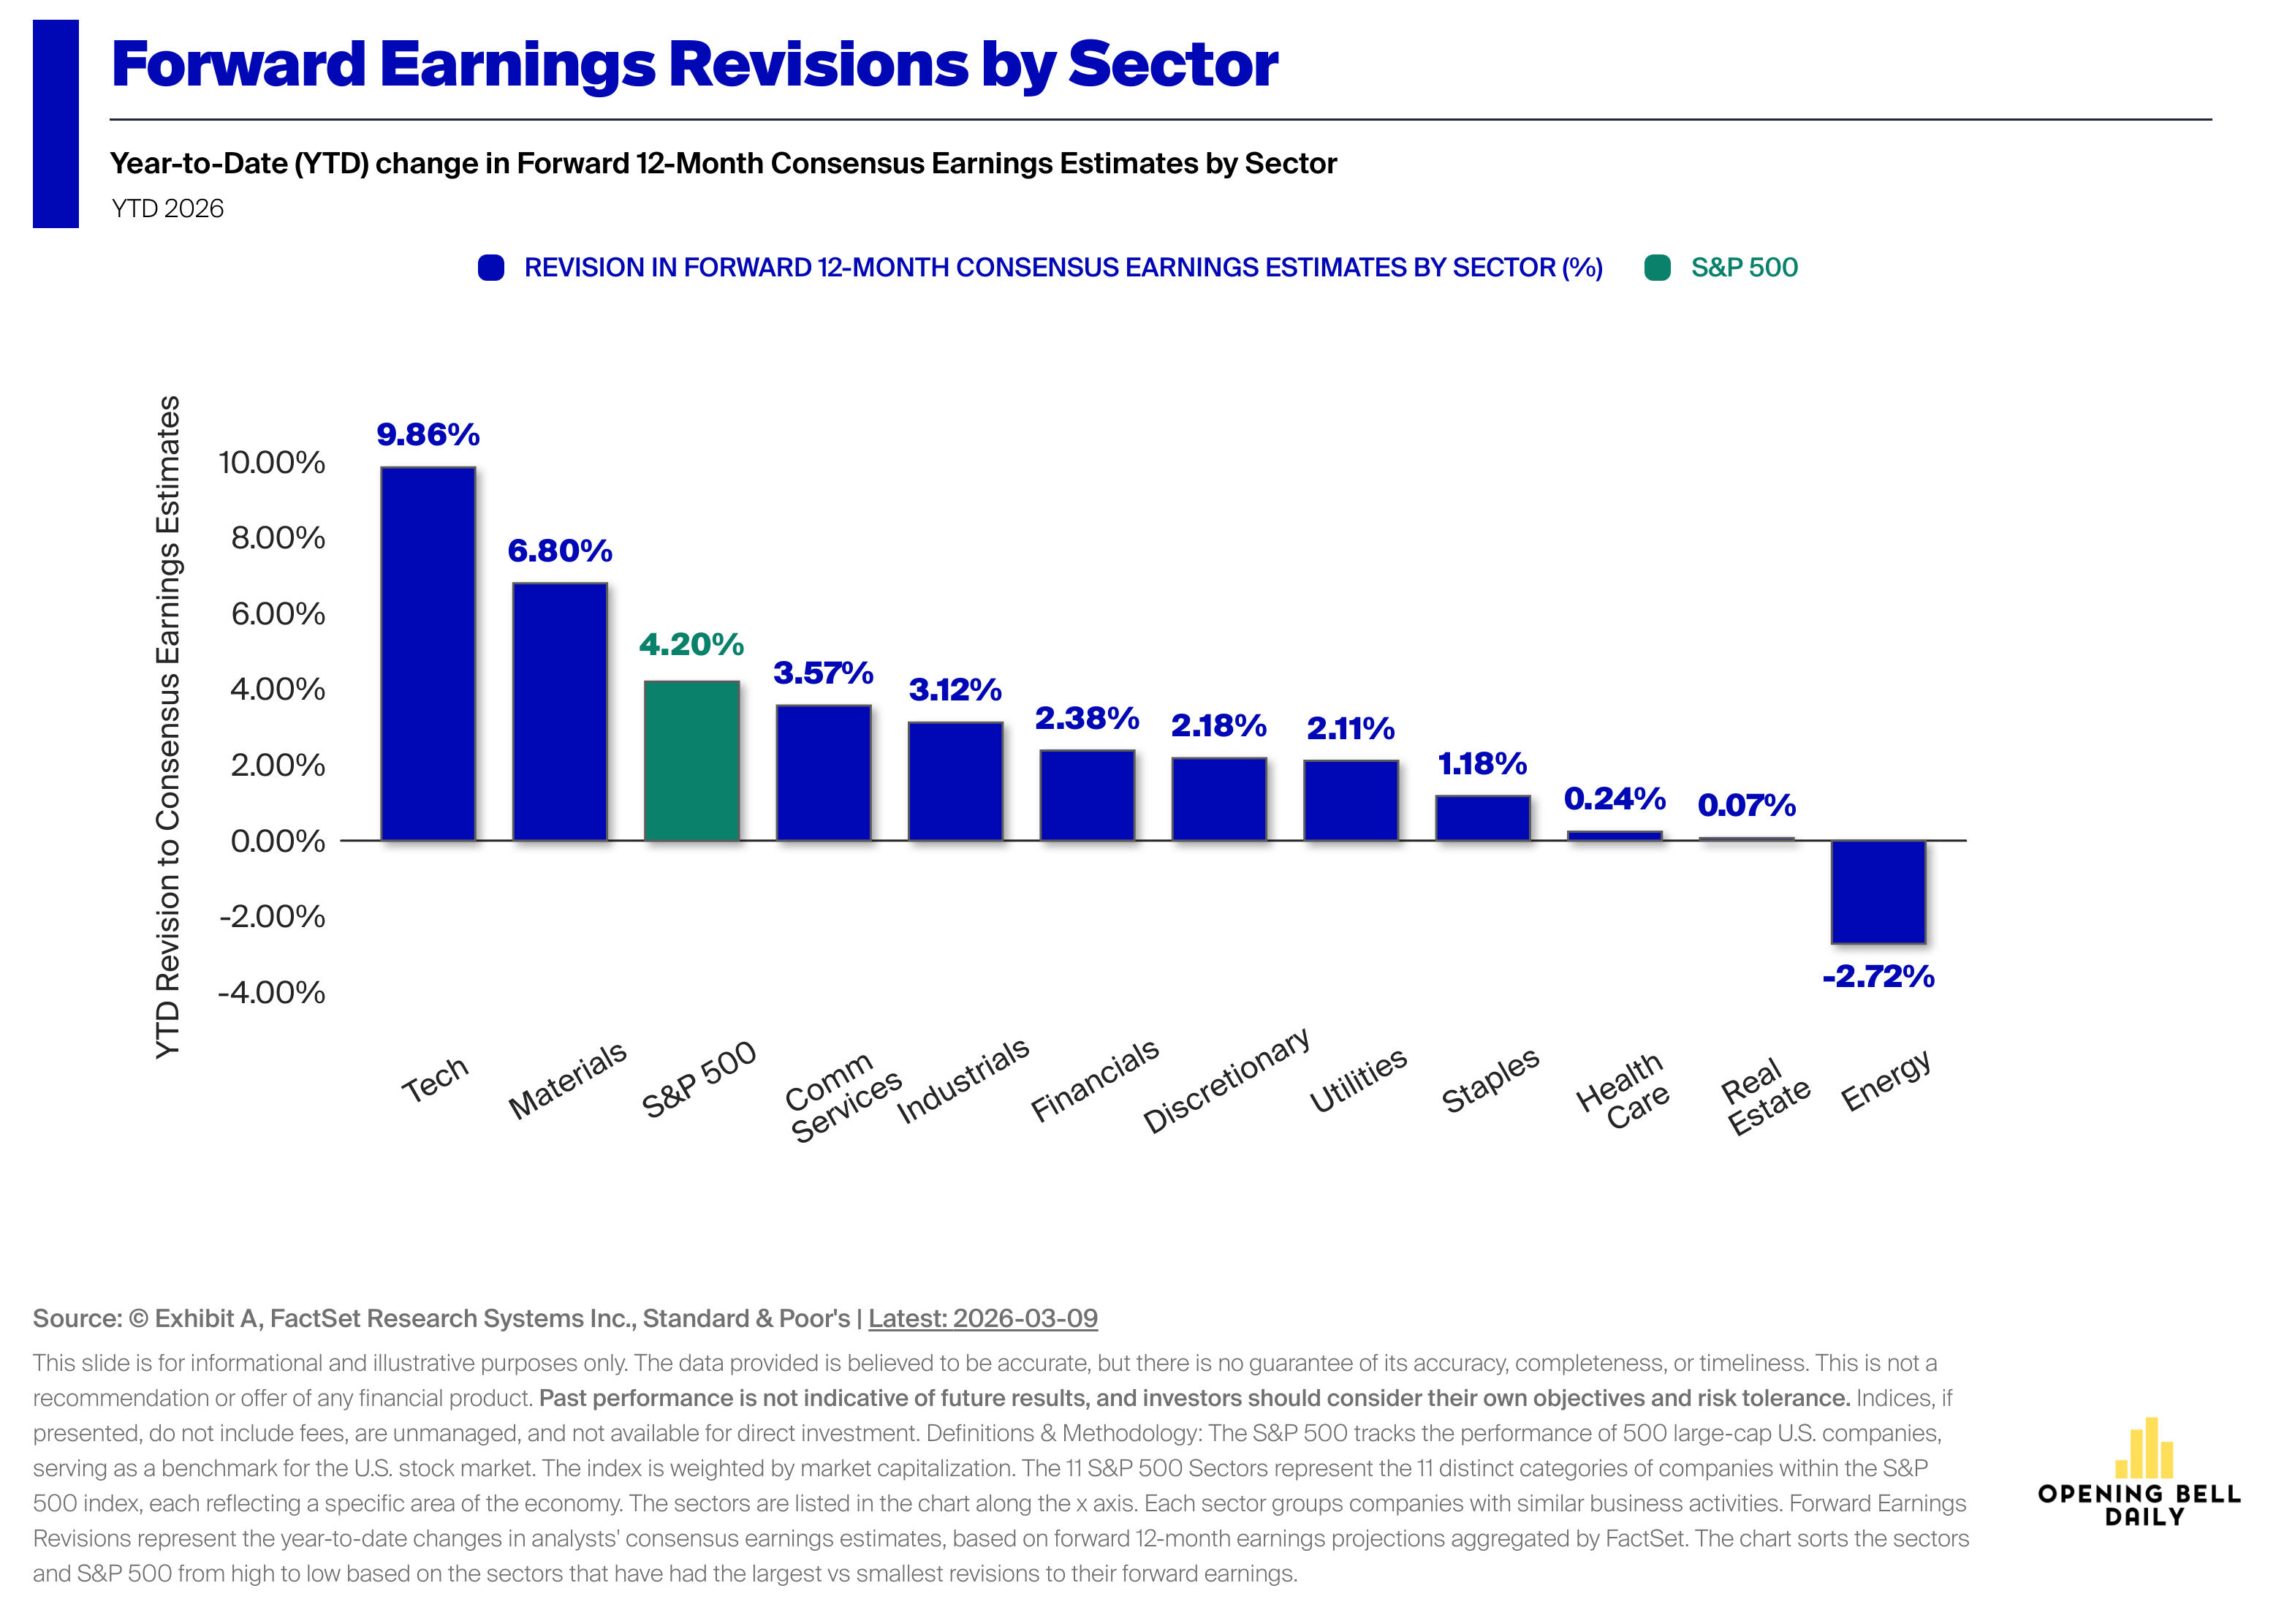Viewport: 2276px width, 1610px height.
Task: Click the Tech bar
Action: coord(428,654)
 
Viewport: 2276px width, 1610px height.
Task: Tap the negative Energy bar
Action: coord(1878,891)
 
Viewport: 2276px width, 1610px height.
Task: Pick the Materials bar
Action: coord(559,712)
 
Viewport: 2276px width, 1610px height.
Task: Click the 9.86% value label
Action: coord(428,434)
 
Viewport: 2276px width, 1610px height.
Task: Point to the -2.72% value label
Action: coord(1878,977)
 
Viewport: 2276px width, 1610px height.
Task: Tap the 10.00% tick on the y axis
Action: coord(272,462)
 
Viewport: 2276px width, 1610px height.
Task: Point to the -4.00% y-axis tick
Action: coord(272,992)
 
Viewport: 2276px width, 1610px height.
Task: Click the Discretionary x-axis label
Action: coord(1226,1081)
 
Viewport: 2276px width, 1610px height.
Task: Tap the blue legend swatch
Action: coord(490,268)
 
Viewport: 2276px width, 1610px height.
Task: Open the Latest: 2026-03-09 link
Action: coord(982,1318)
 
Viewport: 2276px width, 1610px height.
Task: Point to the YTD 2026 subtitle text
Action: coord(167,208)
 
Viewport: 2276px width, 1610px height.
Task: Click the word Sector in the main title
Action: coord(1172,64)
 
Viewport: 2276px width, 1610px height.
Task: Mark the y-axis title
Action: coord(169,727)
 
